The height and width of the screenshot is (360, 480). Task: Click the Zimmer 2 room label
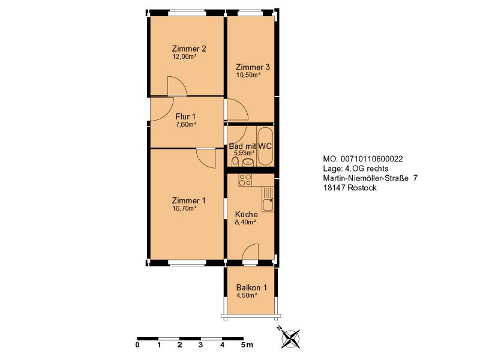tap(189, 49)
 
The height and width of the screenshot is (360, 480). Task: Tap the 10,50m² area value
tap(248, 74)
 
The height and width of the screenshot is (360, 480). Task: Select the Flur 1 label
tap(185, 116)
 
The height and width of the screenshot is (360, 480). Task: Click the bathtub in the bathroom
tap(265, 146)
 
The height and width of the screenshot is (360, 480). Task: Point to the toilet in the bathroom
tap(235, 161)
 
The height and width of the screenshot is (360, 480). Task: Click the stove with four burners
tap(245, 180)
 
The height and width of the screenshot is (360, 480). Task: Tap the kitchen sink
tap(268, 199)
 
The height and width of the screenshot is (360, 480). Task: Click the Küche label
tap(246, 214)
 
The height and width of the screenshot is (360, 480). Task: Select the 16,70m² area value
tap(184, 208)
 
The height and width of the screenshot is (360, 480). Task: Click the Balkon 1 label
tap(251, 288)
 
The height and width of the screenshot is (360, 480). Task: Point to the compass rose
tap(290, 338)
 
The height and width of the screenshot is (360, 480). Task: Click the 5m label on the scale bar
tap(247, 345)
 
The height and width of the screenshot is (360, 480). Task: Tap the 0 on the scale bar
tap(137, 345)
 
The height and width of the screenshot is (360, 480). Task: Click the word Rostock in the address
tap(362, 188)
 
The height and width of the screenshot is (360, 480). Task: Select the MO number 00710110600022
tap(371, 159)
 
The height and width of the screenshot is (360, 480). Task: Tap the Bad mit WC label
tap(250, 146)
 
